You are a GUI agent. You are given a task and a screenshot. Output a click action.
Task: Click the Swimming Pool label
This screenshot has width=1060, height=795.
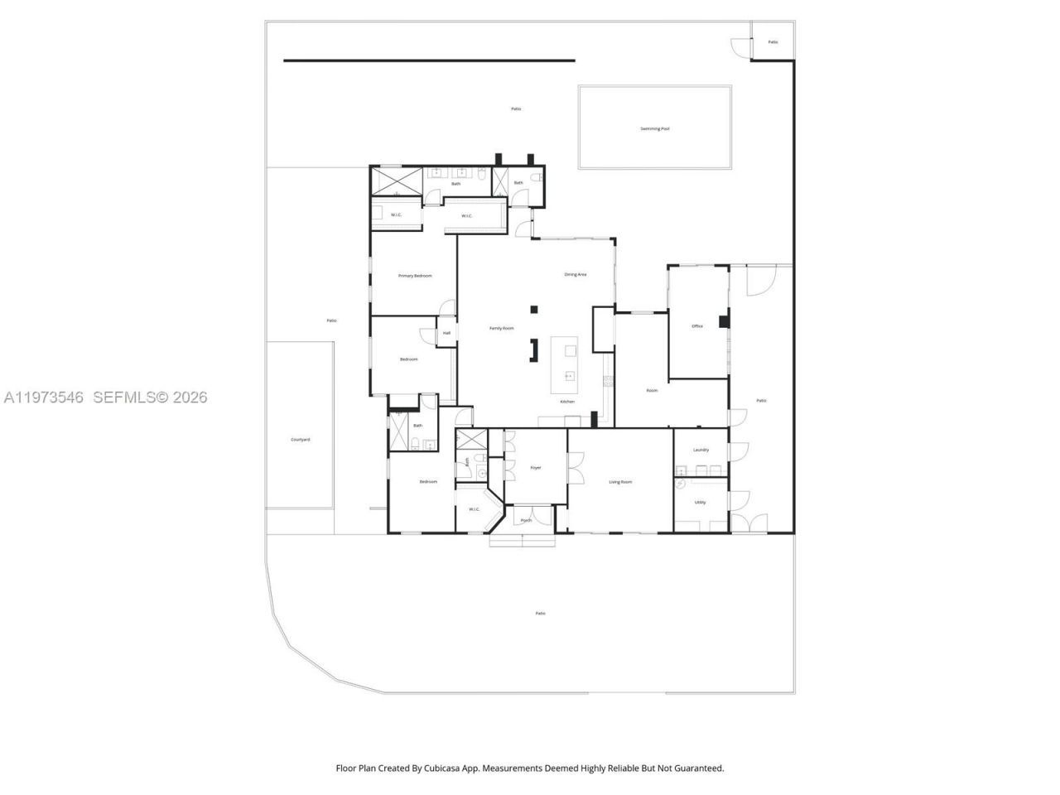[654, 128]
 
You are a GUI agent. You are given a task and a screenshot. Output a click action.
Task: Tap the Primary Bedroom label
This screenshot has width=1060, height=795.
[415, 276]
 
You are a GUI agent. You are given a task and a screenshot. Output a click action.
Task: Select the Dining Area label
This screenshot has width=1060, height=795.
[576, 274]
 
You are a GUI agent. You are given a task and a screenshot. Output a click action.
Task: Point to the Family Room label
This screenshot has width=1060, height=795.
[501, 328]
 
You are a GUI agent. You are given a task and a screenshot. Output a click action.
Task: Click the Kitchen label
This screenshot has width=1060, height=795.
[567, 402]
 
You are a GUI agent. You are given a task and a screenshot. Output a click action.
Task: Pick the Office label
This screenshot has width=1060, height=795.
[697, 326]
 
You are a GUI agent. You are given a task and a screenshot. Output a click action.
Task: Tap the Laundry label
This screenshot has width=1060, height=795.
[701, 450]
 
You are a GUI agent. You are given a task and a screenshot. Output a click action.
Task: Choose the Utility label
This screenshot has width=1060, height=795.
[700, 502]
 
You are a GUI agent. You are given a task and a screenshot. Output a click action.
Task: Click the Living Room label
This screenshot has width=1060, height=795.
[620, 482]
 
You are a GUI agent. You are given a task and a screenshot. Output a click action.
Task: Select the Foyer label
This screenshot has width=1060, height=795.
[536, 468]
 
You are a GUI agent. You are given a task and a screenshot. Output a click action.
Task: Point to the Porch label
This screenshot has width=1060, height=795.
[526, 520]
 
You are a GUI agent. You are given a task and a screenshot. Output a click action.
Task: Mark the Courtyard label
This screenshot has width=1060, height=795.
[300, 440]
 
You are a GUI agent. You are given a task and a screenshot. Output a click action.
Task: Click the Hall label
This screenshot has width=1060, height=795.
[446, 333]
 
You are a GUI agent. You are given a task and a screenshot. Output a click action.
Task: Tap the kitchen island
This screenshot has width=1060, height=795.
[569, 364]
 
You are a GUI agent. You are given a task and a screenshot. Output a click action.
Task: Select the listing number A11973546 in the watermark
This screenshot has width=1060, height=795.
[43, 397]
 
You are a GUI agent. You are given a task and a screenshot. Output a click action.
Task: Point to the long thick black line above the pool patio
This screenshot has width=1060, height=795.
[429, 60]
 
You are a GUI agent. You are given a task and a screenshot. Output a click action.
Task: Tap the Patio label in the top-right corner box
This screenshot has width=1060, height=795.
[773, 41]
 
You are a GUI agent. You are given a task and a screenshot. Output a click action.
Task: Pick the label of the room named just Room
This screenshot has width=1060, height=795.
[652, 390]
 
